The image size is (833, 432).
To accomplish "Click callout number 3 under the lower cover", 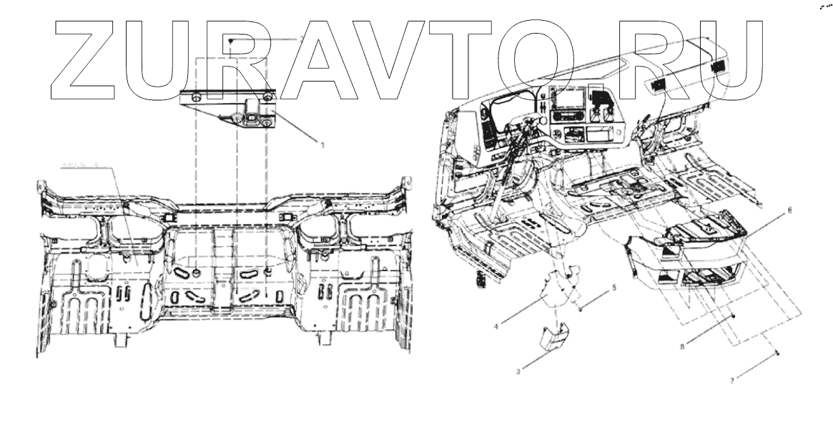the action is click(x=520, y=370).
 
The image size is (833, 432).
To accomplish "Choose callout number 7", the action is click(x=732, y=381).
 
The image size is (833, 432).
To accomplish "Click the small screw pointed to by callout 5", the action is click(x=581, y=308).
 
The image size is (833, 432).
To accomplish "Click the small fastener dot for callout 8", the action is click(x=734, y=315).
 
